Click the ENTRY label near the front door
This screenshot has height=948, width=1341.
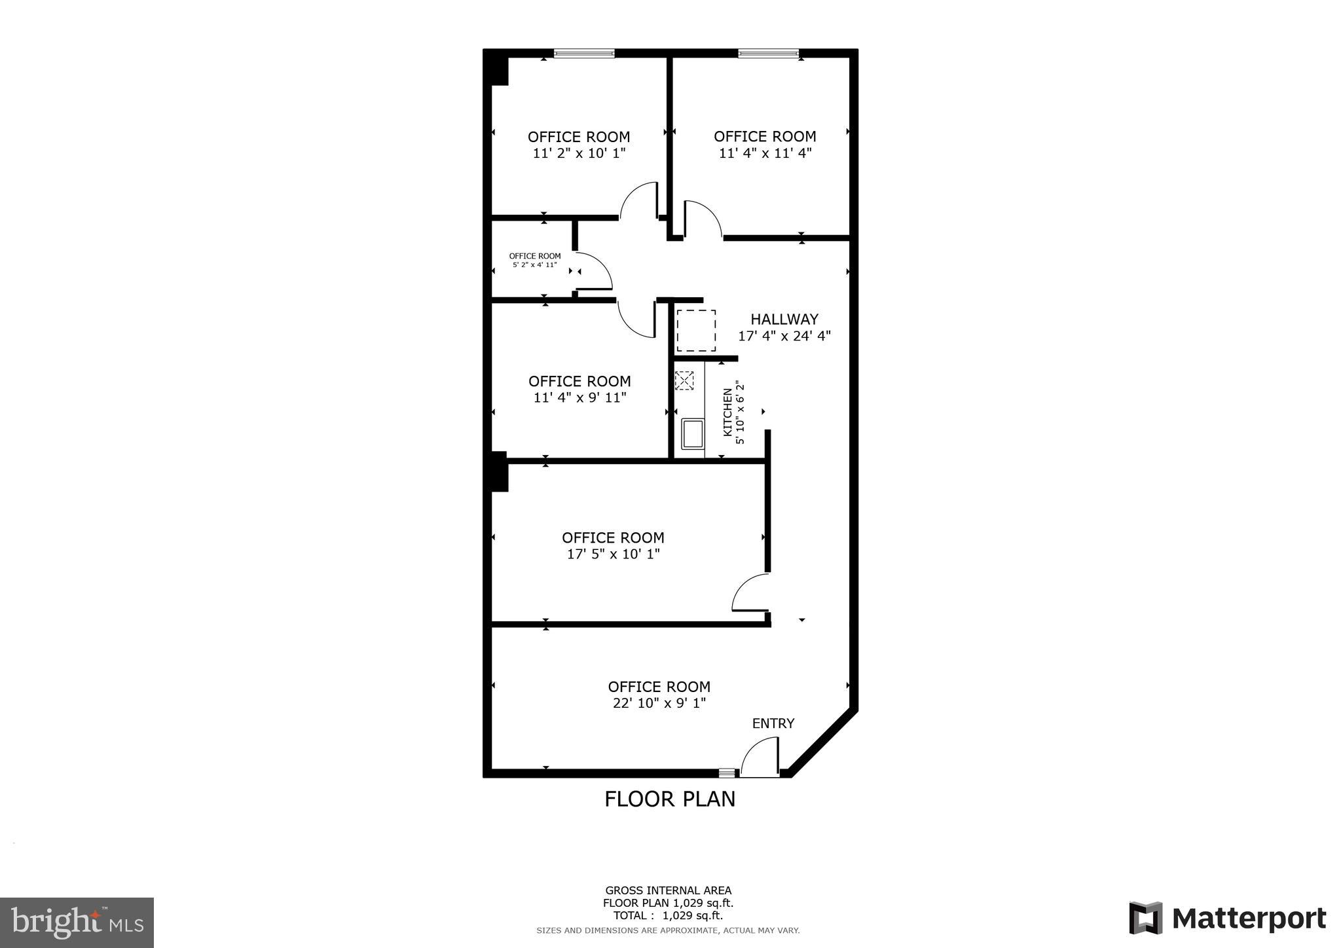(x=773, y=723)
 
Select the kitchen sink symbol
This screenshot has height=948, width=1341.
(x=692, y=434)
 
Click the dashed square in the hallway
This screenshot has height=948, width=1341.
(x=695, y=330)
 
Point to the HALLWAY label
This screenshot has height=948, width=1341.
(x=784, y=319)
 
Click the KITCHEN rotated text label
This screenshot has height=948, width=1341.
(x=727, y=412)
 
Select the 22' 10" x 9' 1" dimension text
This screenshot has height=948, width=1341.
(x=659, y=703)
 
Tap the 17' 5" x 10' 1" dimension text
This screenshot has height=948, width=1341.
(x=613, y=554)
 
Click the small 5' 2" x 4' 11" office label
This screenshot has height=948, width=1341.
(x=534, y=261)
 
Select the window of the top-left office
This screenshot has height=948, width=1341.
(x=584, y=54)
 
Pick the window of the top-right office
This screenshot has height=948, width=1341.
(x=768, y=54)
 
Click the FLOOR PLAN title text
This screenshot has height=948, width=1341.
(x=669, y=799)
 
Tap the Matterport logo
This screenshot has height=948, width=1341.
(x=1227, y=919)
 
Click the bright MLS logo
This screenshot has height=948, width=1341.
(x=77, y=922)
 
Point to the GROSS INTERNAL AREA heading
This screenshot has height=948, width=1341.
(x=668, y=890)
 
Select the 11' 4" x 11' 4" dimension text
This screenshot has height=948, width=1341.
(x=765, y=153)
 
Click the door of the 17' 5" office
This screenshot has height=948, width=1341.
(x=749, y=593)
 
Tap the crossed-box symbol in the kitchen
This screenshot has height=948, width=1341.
(x=684, y=380)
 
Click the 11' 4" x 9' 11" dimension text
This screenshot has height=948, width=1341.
(x=579, y=397)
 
